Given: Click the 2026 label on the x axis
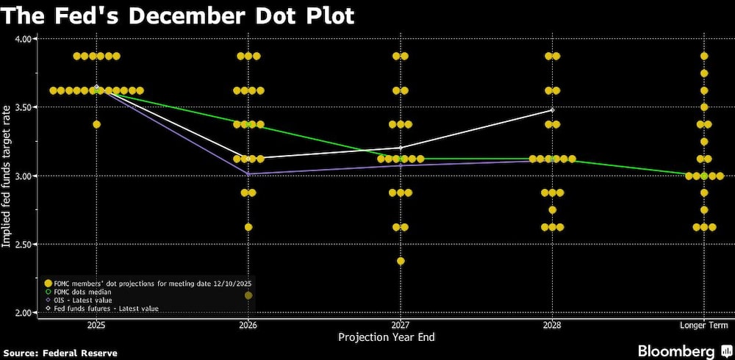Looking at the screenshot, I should tap(248, 325).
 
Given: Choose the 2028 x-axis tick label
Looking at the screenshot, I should tap(552, 325).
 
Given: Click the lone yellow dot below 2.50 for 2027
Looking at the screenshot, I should tap(401, 261).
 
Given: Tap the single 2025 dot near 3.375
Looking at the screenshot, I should tap(96, 124).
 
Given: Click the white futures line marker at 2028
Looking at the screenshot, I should tap(552, 110).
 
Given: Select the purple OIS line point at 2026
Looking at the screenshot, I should tap(248, 174).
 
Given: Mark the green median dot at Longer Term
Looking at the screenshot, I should tap(704, 176).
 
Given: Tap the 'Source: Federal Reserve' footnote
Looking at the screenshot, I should tap(60, 353).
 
